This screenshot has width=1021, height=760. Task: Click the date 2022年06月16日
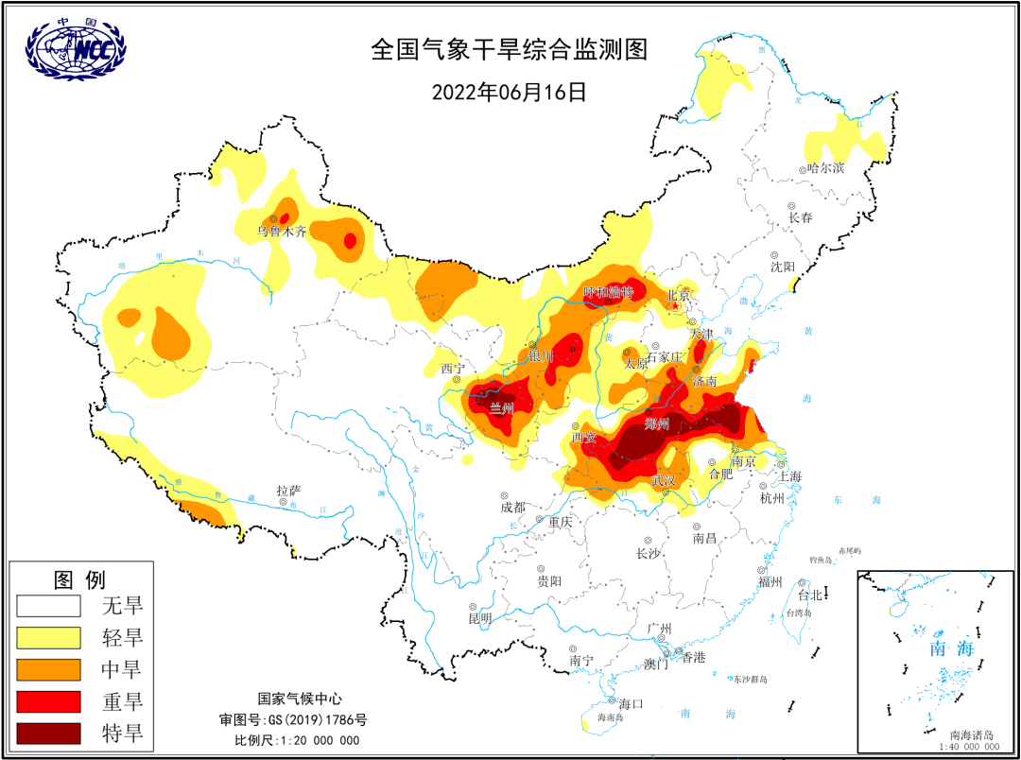pyautogui.click(x=510, y=92)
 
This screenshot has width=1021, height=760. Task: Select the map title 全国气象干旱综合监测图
pyautogui.click(x=510, y=50)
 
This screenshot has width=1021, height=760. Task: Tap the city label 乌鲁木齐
pyautogui.click(x=282, y=231)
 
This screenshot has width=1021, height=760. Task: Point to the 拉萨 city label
pyautogui.click(x=288, y=491)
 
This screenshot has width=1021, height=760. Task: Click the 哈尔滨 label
pyautogui.click(x=825, y=168)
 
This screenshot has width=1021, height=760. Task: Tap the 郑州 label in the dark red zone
pyautogui.click(x=656, y=423)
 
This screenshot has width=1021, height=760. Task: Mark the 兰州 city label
pyautogui.click(x=502, y=408)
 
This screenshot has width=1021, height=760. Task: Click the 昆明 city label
pyautogui.click(x=480, y=618)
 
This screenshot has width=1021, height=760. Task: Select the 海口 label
pyautogui.click(x=631, y=703)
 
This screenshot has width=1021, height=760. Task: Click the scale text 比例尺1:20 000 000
pyautogui.click(x=297, y=739)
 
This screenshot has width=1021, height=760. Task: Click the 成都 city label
pyautogui.click(x=512, y=507)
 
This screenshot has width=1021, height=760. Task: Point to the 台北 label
pyautogui.click(x=810, y=596)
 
